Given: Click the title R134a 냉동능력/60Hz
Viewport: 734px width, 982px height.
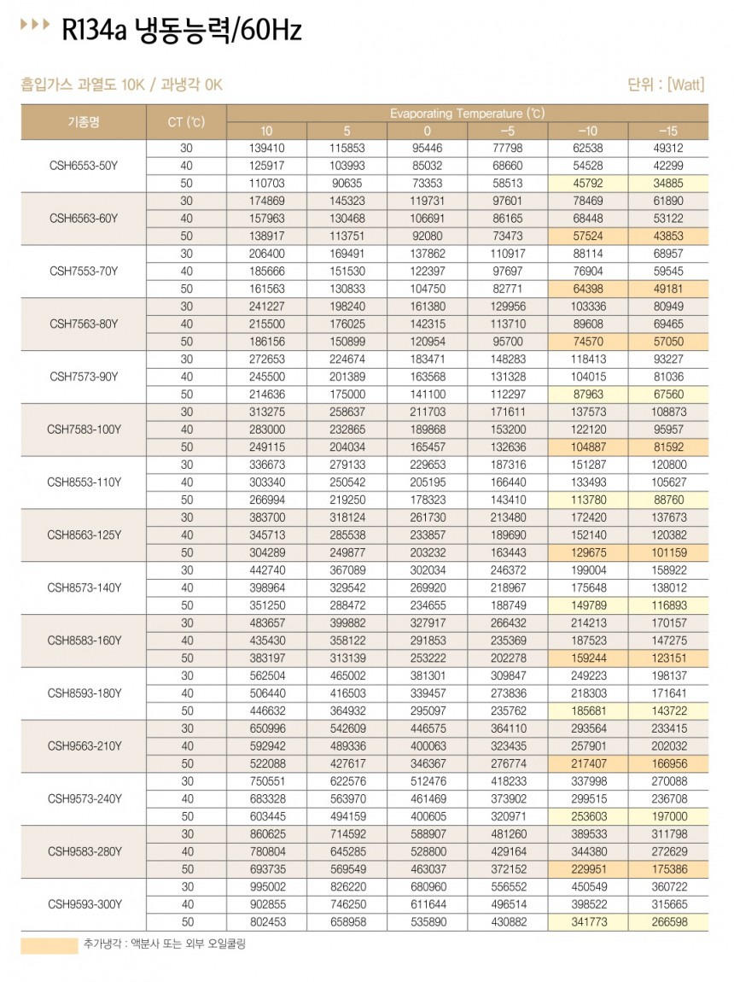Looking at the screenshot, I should (x=182, y=32).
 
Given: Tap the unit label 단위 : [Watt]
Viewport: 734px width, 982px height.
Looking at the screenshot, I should (x=665, y=84).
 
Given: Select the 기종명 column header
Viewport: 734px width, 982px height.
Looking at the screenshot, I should (x=84, y=121).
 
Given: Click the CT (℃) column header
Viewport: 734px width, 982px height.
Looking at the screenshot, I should (x=186, y=121).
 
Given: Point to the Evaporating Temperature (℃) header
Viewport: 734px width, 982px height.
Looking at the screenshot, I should (x=467, y=113).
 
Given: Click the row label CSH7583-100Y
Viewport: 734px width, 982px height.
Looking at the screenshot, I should (x=84, y=430).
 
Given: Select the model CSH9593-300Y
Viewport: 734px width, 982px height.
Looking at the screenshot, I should (x=84, y=903).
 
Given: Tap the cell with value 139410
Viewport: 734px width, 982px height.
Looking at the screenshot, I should (x=266, y=148).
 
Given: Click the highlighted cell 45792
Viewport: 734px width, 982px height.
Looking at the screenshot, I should (x=587, y=184).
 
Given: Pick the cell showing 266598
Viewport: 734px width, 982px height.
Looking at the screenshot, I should (x=668, y=921).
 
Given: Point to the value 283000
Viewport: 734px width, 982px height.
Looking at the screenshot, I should (x=266, y=430).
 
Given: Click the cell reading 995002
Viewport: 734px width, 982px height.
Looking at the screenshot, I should (x=266, y=886).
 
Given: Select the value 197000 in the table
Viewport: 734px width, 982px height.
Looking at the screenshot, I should (x=668, y=816).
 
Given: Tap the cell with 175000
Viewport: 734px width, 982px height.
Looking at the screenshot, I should (x=347, y=395).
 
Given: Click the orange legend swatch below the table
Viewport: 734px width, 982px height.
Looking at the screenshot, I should (x=49, y=944).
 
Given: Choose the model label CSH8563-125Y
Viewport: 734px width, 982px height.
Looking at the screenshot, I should (x=84, y=535).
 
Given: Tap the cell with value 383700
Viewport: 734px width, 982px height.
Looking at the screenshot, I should (x=266, y=517).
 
